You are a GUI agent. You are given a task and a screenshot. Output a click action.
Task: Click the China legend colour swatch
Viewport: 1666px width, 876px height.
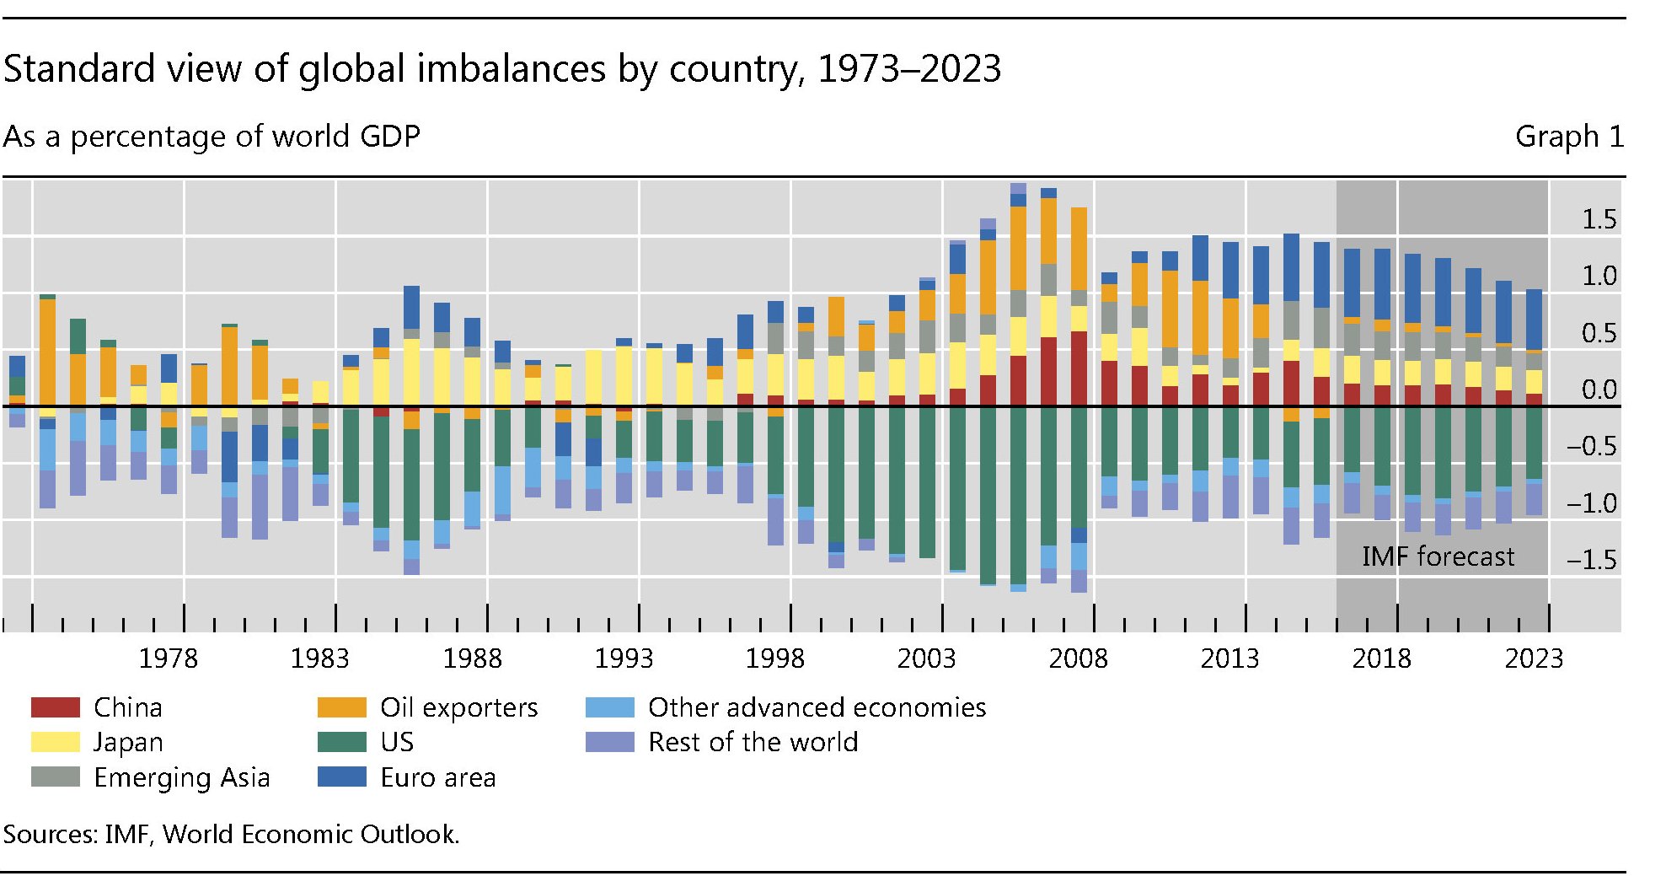point(55,707)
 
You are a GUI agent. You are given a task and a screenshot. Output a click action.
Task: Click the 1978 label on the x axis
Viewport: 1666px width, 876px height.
point(168,658)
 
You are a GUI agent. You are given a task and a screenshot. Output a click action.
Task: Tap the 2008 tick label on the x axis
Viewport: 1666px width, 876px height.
point(1079,658)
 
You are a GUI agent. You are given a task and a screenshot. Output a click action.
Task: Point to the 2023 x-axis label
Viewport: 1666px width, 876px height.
point(1534,658)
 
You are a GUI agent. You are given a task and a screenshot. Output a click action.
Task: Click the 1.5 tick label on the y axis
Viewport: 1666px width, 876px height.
point(1599,220)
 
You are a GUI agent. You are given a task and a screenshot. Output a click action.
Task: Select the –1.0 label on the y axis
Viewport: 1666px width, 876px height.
point(1591,503)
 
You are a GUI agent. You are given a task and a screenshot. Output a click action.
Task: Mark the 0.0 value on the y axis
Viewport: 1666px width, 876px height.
point(1599,390)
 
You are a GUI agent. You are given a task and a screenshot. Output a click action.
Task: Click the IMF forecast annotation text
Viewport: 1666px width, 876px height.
point(1438,556)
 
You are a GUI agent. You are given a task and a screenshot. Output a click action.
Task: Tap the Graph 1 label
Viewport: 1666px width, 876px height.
point(1568,137)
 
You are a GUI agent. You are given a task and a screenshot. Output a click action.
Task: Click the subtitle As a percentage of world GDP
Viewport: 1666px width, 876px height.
point(212,137)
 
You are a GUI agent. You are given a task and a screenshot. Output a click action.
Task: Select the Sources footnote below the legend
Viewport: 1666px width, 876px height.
point(231,834)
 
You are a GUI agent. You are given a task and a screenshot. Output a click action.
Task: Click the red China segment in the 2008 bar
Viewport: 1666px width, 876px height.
point(1079,368)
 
